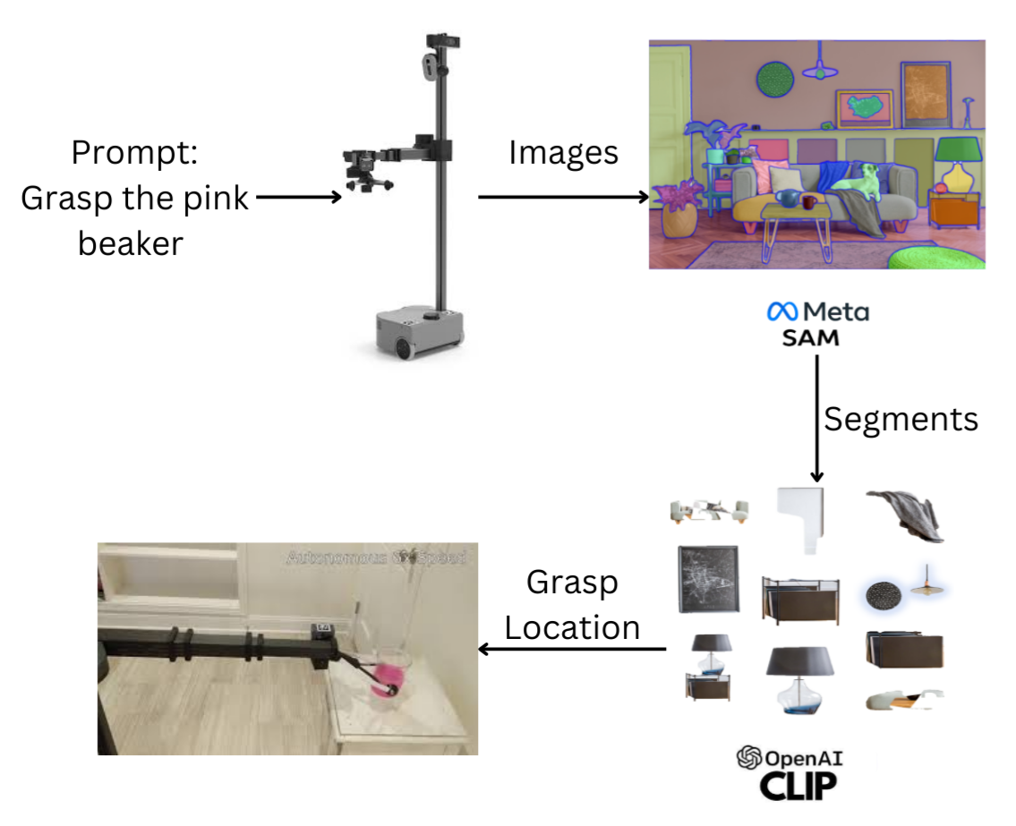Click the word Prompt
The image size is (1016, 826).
pos(134,153)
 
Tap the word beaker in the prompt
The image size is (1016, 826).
pos(131,242)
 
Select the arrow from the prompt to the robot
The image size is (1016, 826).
pos(299,197)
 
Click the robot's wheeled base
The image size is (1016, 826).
pos(419,332)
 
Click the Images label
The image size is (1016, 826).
pos(563,153)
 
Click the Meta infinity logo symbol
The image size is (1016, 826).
pos(781,311)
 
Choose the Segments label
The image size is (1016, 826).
pos(901,419)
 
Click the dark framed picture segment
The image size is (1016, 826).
pos(708,578)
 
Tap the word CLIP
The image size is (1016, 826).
pos(798,786)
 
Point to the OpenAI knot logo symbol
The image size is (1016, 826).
pos(747,759)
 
